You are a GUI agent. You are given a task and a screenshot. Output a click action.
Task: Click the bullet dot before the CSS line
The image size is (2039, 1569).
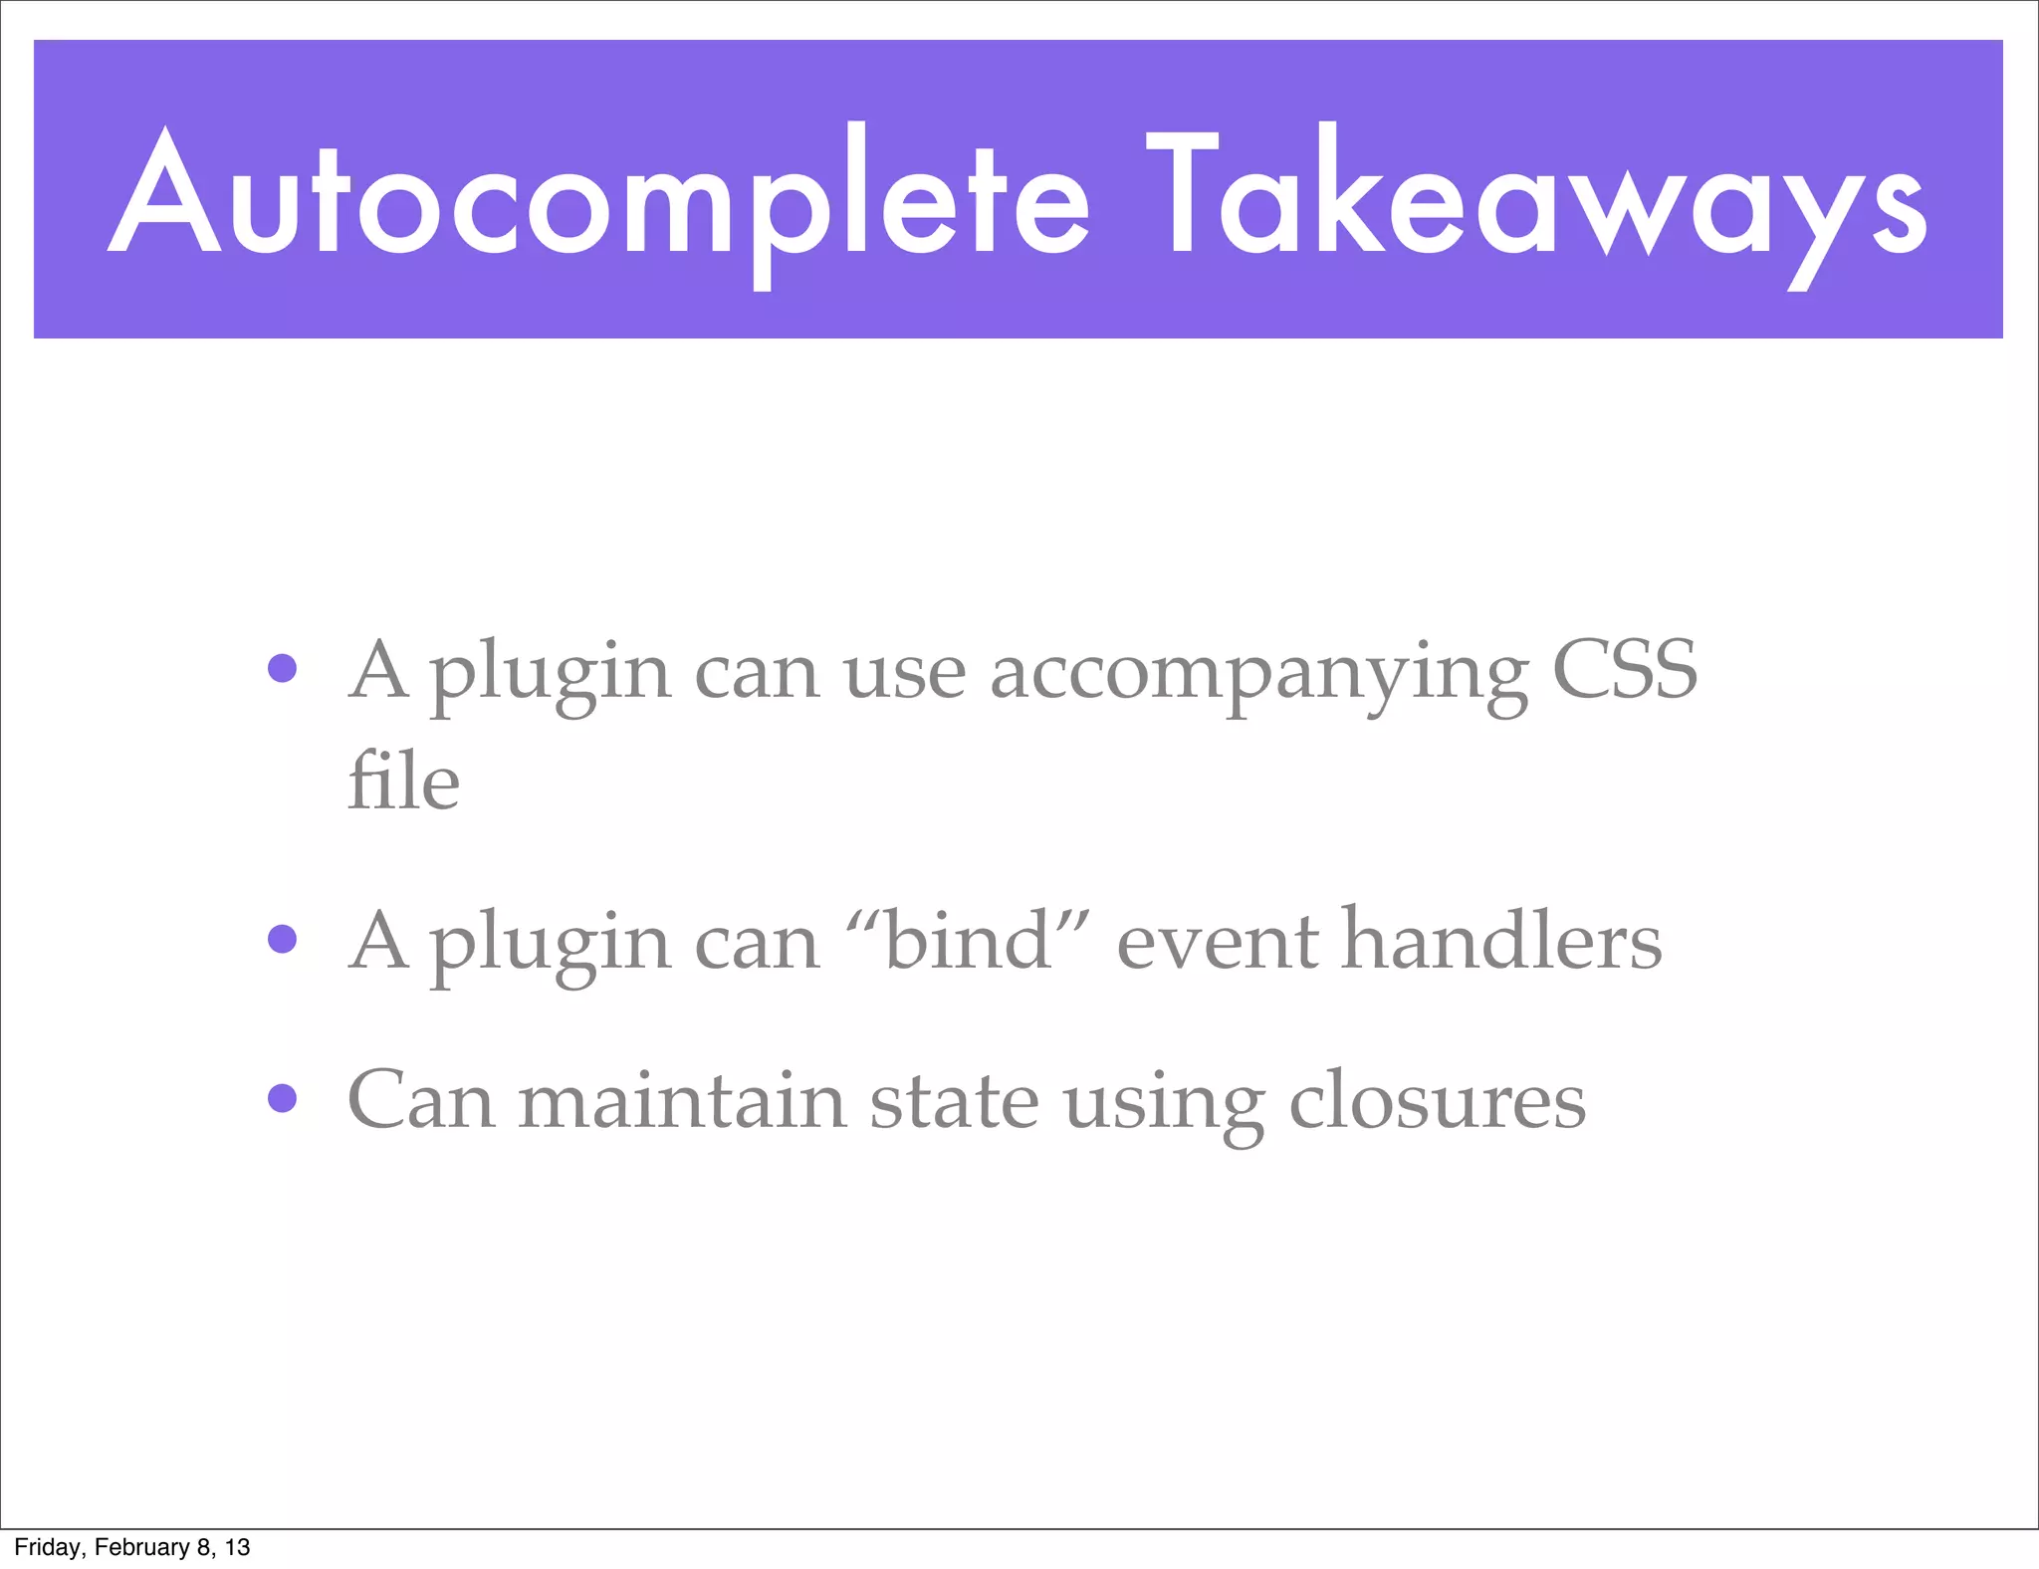pyautogui.click(x=283, y=668)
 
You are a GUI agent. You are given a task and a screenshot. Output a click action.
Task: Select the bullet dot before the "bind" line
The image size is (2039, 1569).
pyautogui.click(x=283, y=939)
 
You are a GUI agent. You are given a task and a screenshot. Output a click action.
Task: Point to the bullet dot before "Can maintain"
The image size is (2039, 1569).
pyautogui.click(x=283, y=1098)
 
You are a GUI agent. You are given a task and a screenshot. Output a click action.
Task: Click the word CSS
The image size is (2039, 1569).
pyautogui.click(x=1625, y=670)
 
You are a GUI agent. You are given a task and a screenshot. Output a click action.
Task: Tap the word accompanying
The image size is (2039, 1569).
pyautogui.click(x=1258, y=674)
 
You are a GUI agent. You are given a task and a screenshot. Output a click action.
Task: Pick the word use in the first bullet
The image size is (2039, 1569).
pyautogui.click(x=904, y=674)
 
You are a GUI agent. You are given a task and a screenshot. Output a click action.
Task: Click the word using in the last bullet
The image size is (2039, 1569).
pyautogui.click(x=1164, y=1104)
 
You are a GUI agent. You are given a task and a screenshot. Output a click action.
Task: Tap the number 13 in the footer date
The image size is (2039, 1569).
pyautogui.click(x=237, y=1547)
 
